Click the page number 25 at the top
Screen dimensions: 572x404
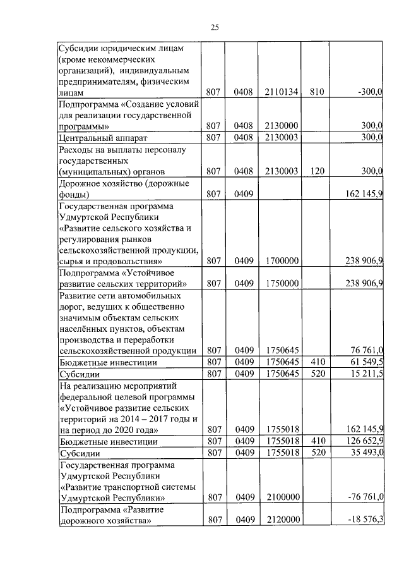tap(214, 27)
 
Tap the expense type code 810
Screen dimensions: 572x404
tap(317, 92)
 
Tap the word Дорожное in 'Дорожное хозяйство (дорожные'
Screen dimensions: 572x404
tap(80, 183)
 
